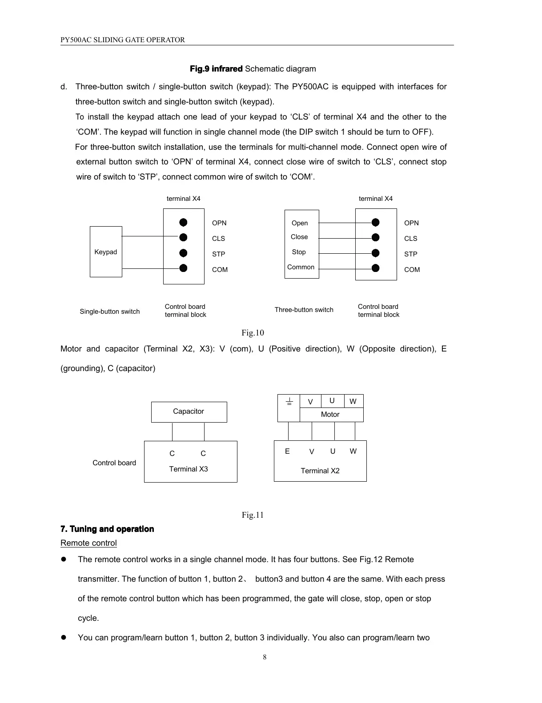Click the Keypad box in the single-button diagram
(x=106, y=252)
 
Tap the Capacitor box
(x=189, y=411)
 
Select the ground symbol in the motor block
(x=289, y=402)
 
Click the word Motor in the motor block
(x=330, y=415)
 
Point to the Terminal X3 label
(x=189, y=469)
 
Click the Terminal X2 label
(x=320, y=471)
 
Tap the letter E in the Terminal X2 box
(x=287, y=451)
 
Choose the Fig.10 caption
(x=253, y=333)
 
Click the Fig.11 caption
(x=253, y=515)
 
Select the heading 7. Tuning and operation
(x=107, y=529)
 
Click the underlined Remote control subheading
(x=88, y=543)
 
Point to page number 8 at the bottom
(x=265, y=657)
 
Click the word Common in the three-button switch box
(x=301, y=267)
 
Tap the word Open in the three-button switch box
(x=300, y=223)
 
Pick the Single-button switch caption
(x=110, y=312)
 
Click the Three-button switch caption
(x=304, y=310)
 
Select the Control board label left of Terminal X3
(x=114, y=463)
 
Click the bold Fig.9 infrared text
(x=216, y=69)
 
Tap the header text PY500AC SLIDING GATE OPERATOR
(x=123, y=40)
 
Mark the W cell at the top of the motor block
(x=353, y=402)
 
